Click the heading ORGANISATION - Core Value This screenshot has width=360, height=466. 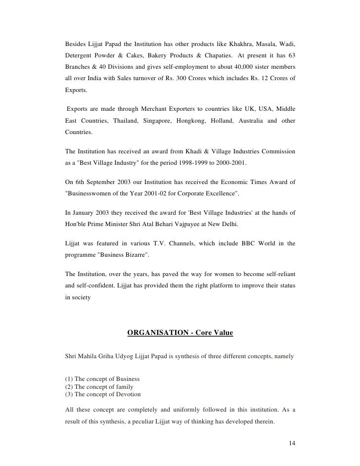point(180,333)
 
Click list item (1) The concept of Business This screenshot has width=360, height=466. point(102,379)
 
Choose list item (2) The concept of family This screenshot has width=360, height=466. point(99,387)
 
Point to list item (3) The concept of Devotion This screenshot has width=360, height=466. point(103,395)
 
